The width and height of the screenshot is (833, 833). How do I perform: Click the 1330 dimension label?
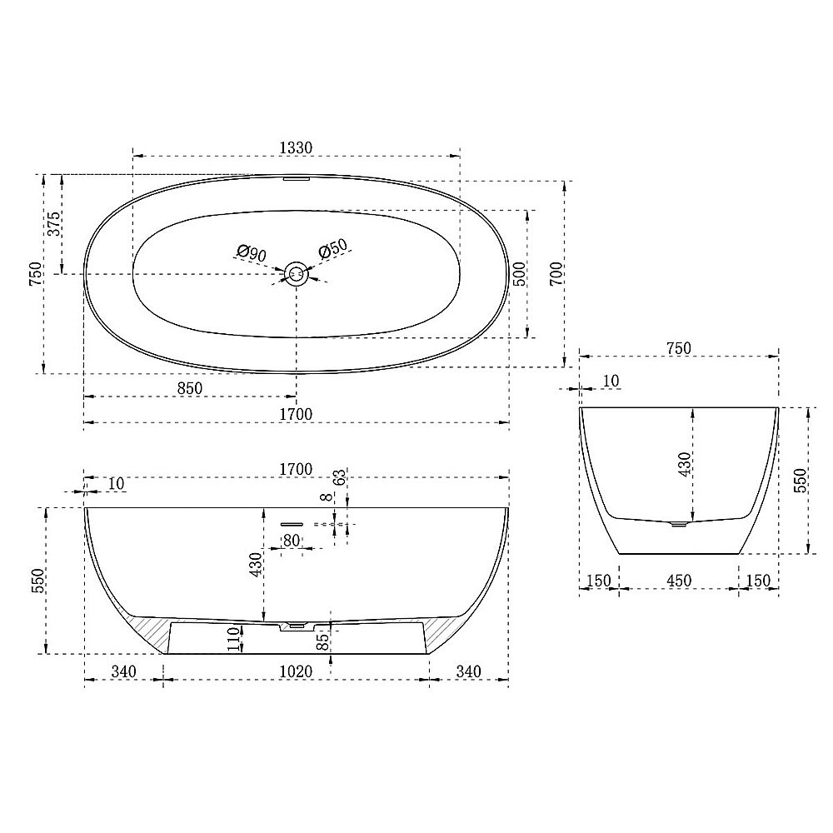click(x=295, y=147)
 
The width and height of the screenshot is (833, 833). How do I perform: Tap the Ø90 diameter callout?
click(x=252, y=252)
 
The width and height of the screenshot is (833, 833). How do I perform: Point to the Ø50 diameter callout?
click(x=333, y=250)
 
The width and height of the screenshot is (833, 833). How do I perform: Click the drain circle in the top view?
click(x=296, y=272)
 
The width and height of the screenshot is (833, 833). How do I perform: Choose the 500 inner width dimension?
click(x=518, y=274)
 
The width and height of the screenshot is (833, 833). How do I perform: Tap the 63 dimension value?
click(x=339, y=478)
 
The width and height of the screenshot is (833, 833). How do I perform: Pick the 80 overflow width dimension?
click(x=292, y=540)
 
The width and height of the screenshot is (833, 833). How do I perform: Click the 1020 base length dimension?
click(x=295, y=671)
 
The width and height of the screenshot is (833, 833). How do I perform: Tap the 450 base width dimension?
click(x=678, y=581)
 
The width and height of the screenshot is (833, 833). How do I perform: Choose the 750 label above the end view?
click(x=678, y=349)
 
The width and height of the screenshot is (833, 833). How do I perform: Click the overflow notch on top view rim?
click(x=296, y=177)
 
